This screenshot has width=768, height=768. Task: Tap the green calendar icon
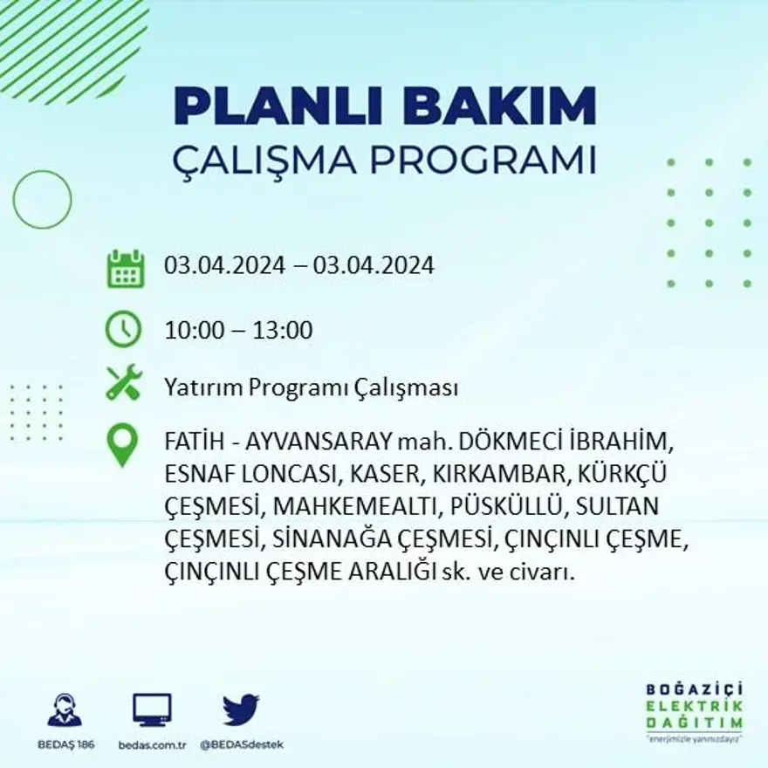pos(125,268)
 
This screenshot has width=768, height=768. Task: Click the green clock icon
pos(123,330)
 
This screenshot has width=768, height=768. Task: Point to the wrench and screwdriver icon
pos(123,382)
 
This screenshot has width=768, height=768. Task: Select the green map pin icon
pos(122,444)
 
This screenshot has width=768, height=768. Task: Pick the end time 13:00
pos(283,331)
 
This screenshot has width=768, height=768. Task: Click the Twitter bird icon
pos(241,710)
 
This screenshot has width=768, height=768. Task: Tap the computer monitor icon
pos(152,710)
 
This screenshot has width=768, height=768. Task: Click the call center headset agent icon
pos(65,710)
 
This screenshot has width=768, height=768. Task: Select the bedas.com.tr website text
pos(152,744)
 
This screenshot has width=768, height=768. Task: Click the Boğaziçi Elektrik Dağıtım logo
pos(695,710)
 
